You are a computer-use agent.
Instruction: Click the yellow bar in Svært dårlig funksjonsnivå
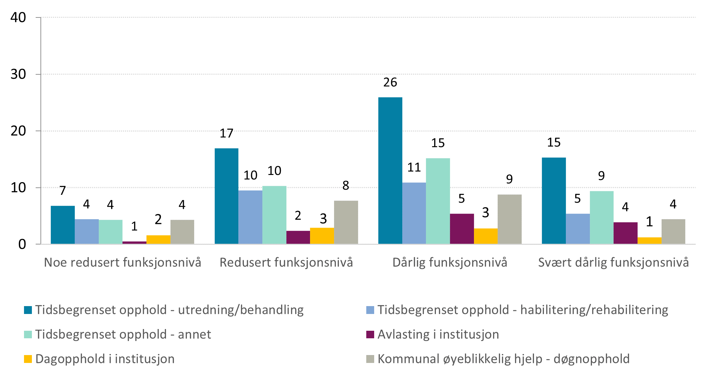tap(649, 241)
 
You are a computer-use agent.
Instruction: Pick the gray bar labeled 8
tap(346, 222)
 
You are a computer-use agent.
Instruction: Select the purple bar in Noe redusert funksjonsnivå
tap(134, 242)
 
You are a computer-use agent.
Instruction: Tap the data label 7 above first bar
tap(62, 191)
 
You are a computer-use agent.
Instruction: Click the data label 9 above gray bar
tap(509, 179)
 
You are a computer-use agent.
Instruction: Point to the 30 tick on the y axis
tap(18, 74)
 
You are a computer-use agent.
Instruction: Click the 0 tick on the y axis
tap(22, 244)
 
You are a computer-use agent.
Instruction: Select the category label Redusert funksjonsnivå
tap(286, 263)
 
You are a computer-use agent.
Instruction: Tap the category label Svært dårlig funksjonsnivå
tap(613, 263)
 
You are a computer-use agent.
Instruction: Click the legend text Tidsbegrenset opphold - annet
tap(123, 335)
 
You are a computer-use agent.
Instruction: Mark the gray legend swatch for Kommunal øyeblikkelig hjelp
tap(370, 359)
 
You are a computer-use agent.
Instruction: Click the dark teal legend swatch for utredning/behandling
tap(28, 310)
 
